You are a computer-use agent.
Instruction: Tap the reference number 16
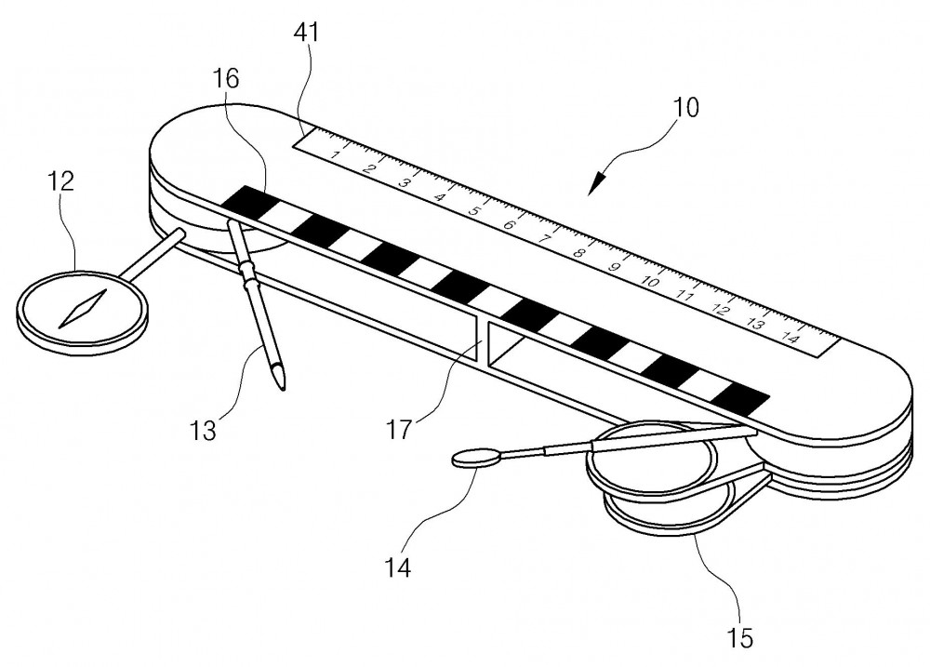(x=226, y=78)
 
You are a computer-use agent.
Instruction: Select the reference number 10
(x=685, y=107)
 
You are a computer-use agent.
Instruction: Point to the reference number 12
(x=61, y=180)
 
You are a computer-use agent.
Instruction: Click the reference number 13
(x=203, y=431)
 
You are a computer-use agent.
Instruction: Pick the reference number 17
(x=399, y=429)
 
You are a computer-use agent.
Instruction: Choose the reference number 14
(x=397, y=567)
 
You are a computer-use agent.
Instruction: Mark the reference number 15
(x=739, y=638)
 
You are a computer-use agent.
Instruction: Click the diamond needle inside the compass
(x=83, y=309)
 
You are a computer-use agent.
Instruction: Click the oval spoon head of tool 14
(x=475, y=458)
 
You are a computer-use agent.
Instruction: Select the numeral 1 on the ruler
(x=335, y=155)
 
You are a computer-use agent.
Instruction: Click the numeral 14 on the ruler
(x=790, y=338)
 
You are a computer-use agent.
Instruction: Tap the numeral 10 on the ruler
(x=650, y=281)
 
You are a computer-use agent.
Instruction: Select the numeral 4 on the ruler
(x=440, y=197)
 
